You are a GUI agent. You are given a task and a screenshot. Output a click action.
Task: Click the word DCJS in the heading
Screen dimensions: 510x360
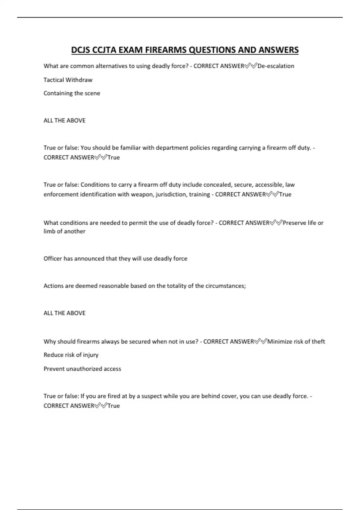point(80,50)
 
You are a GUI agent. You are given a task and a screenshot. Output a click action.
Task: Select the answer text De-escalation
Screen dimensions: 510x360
point(276,66)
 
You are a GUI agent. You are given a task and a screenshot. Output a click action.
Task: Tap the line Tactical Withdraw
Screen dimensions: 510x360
point(68,80)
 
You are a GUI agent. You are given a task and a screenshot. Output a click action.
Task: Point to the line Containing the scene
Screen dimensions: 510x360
point(72,93)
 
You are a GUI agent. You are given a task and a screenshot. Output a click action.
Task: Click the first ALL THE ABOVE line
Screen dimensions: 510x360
point(64,121)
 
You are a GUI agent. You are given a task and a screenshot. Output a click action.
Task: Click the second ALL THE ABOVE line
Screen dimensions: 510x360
point(64,313)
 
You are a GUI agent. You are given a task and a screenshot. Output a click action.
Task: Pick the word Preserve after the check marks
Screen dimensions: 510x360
point(294,223)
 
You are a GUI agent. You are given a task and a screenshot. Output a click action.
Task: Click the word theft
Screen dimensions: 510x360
point(318,341)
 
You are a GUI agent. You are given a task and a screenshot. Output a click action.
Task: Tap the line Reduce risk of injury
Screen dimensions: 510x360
point(71,355)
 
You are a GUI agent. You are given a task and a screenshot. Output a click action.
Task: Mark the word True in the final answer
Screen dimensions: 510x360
point(114,406)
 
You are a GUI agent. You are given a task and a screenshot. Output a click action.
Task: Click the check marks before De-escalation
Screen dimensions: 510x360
point(251,66)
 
